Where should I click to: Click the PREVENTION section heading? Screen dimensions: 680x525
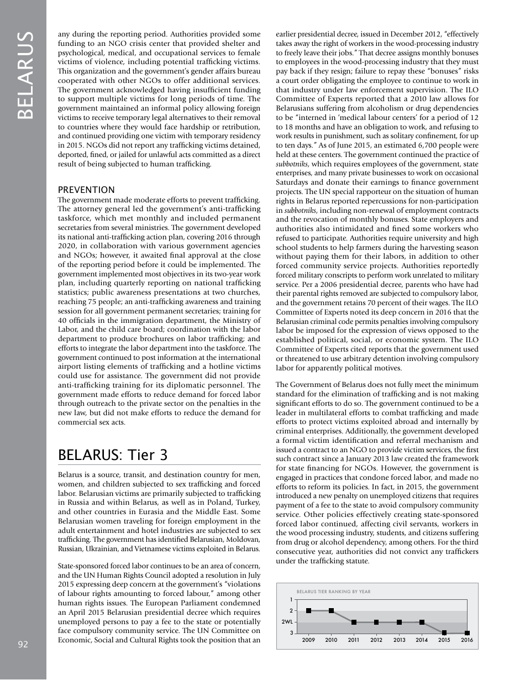86,190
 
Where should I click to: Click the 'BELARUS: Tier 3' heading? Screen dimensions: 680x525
113,455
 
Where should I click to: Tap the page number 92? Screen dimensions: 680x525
23,644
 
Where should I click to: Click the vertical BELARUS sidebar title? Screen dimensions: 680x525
24,75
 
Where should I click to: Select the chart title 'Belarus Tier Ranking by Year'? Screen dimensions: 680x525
333,592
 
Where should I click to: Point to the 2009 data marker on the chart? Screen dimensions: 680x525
308,611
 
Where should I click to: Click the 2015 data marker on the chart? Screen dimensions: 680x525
444,633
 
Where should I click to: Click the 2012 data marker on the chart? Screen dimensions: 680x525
376,622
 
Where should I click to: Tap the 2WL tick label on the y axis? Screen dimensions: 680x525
287,622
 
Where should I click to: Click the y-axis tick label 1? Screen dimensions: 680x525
291,600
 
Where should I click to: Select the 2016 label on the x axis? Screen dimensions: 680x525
467,640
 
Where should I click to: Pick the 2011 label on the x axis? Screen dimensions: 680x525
354,640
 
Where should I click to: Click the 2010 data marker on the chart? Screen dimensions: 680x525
331,611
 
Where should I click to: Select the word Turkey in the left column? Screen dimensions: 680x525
248,503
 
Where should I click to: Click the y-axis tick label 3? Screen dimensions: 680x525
291,633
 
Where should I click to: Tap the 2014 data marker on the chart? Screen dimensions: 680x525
422,622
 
